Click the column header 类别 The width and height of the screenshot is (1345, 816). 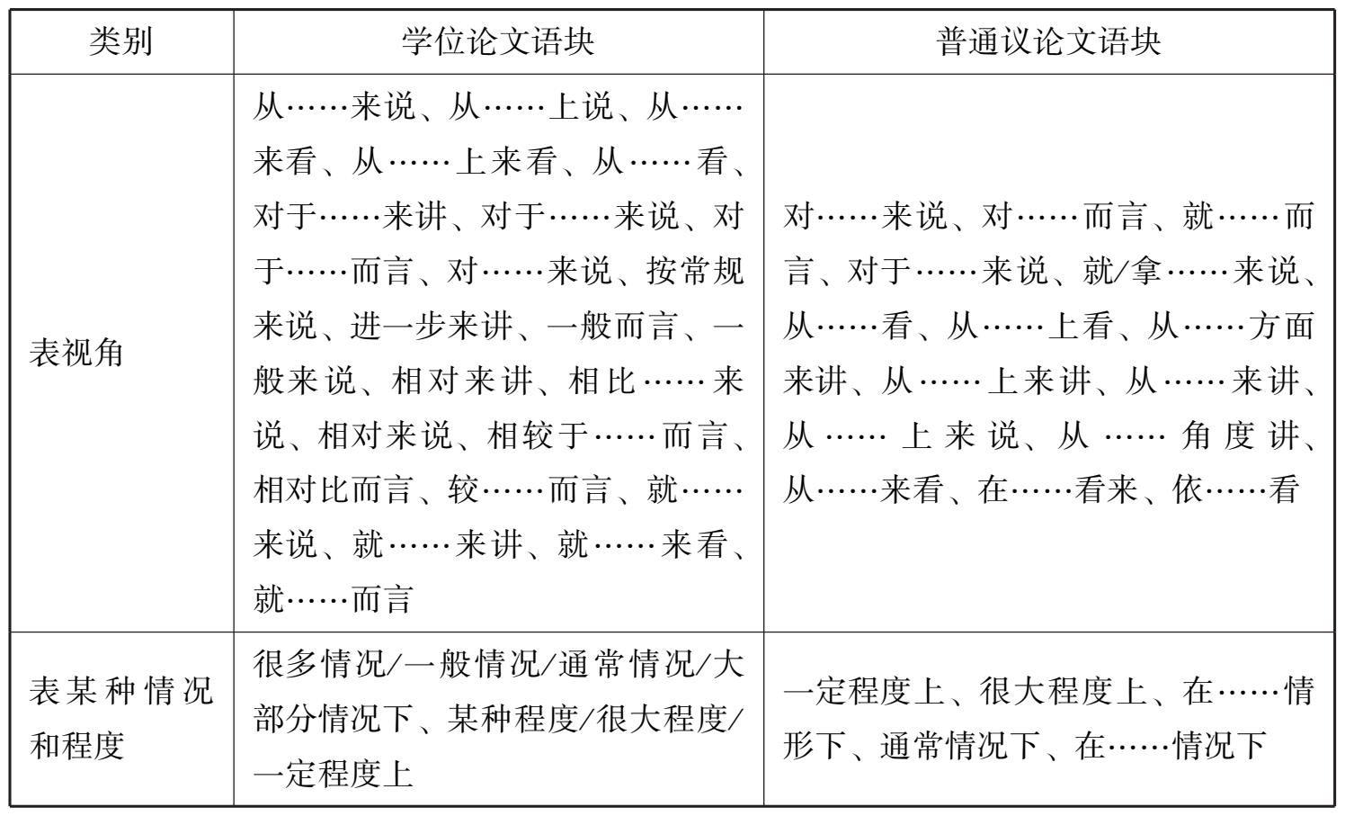pyautogui.click(x=121, y=42)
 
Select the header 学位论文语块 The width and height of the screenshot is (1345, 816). pyautogui.click(x=498, y=42)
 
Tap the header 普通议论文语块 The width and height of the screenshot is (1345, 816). pyautogui.click(x=1048, y=42)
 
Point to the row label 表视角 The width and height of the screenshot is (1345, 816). pyautogui.click(x=76, y=354)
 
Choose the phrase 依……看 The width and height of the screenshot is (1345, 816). pyautogui.click(x=1236, y=490)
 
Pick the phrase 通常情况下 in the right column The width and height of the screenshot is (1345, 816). pyautogui.click(x=958, y=746)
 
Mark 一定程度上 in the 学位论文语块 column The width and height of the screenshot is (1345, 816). pyautogui.click(x=334, y=774)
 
